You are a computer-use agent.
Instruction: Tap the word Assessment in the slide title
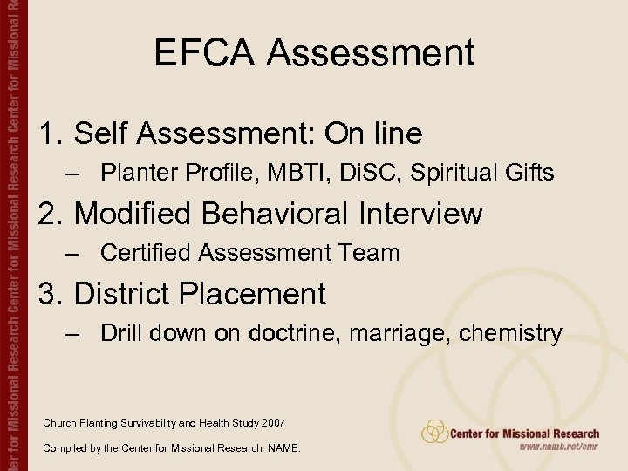coord(371,52)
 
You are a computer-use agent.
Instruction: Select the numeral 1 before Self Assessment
coord(48,133)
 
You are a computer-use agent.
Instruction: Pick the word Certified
coord(146,253)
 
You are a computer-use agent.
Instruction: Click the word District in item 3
coord(122,294)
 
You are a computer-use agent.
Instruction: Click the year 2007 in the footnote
coord(271,423)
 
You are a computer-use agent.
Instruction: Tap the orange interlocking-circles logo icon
coord(434,431)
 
